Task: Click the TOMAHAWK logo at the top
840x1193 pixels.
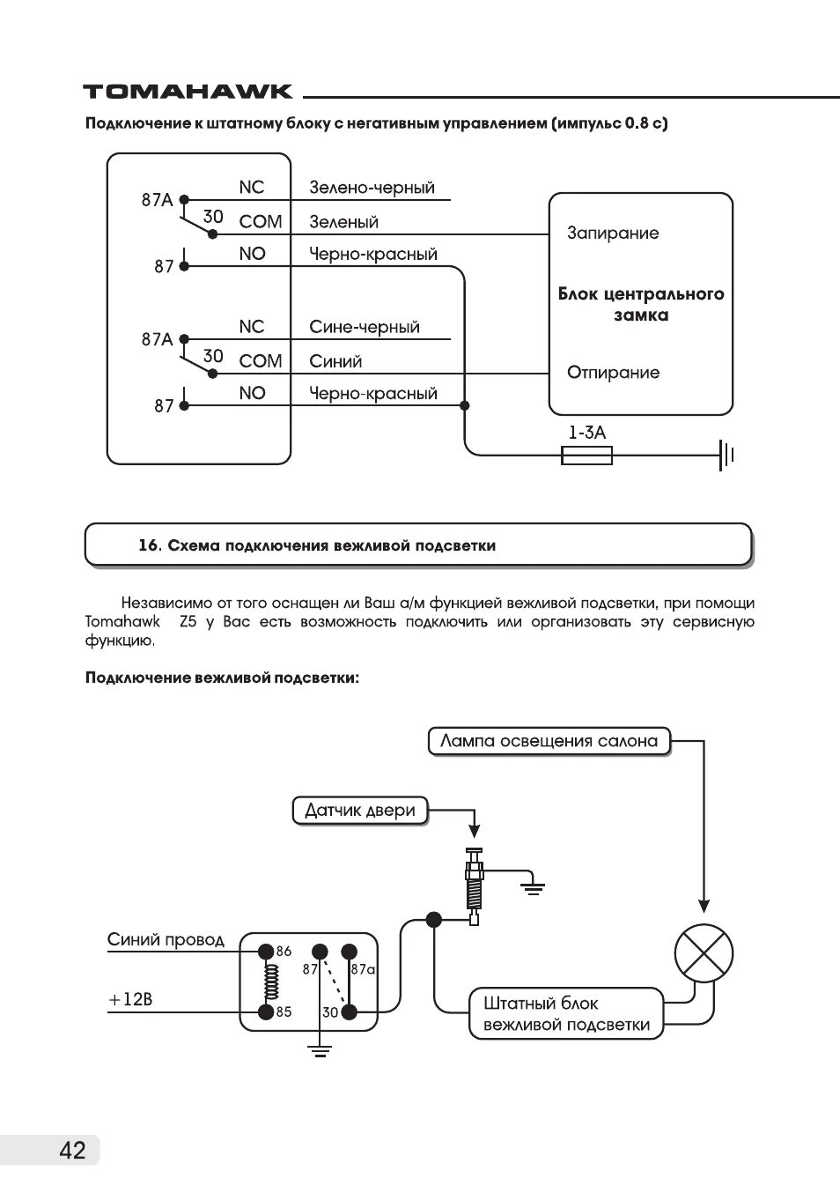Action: pyautogui.click(x=188, y=92)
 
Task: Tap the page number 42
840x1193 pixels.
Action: pyautogui.click(x=73, y=1150)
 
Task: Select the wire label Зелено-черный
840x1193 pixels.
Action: pyautogui.click(x=372, y=188)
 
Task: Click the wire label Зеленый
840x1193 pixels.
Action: pyautogui.click(x=343, y=222)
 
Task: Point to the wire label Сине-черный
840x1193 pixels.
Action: pyautogui.click(x=365, y=327)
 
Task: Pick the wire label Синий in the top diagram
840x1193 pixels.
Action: pyautogui.click(x=335, y=361)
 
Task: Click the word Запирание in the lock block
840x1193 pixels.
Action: pyautogui.click(x=613, y=233)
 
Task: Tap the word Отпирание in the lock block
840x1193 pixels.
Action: pyautogui.click(x=613, y=373)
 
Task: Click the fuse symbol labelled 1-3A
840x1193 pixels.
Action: pyautogui.click(x=586, y=455)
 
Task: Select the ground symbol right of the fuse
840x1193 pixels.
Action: pyautogui.click(x=726, y=455)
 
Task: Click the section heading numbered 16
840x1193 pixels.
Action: pyautogui.click(x=317, y=545)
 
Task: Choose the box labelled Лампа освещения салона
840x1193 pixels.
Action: pyautogui.click(x=549, y=741)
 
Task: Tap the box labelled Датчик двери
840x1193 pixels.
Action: pyautogui.click(x=359, y=811)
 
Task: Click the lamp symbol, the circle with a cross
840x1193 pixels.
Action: pyautogui.click(x=704, y=954)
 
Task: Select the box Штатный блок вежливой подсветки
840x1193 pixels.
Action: pyautogui.click(x=566, y=1013)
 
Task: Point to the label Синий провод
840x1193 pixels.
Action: pyautogui.click(x=166, y=940)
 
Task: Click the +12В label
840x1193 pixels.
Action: pyautogui.click(x=130, y=1000)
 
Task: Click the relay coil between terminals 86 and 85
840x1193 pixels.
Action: pyautogui.click(x=270, y=982)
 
